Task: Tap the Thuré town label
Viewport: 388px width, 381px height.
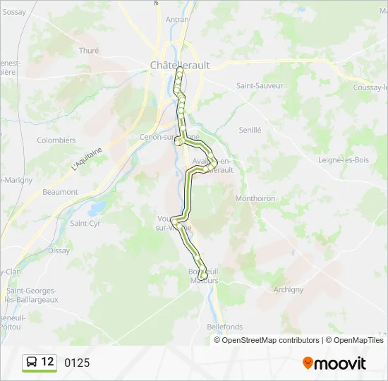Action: click(x=89, y=51)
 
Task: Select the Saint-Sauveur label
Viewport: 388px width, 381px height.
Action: click(x=260, y=86)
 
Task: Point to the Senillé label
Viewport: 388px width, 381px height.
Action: click(x=250, y=131)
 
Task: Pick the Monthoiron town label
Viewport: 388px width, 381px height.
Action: click(x=255, y=199)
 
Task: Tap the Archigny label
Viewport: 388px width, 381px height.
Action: click(x=288, y=290)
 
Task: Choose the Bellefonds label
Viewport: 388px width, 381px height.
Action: click(x=225, y=327)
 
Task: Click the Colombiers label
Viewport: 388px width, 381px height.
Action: click(x=56, y=140)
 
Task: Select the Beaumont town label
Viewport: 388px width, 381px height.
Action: click(x=60, y=192)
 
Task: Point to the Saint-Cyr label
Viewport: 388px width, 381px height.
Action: click(x=85, y=224)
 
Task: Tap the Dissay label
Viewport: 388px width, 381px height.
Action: click(x=59, y=250)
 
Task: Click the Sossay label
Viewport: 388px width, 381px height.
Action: click(x=14, y=12)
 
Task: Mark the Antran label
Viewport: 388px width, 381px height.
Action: click(x=176, y=20)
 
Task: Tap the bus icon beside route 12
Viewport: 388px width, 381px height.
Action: click(x=32, y=363)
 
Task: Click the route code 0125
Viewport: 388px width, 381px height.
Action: click(x=77, y=363)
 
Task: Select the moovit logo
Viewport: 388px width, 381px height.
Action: click(x=334, y=363)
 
